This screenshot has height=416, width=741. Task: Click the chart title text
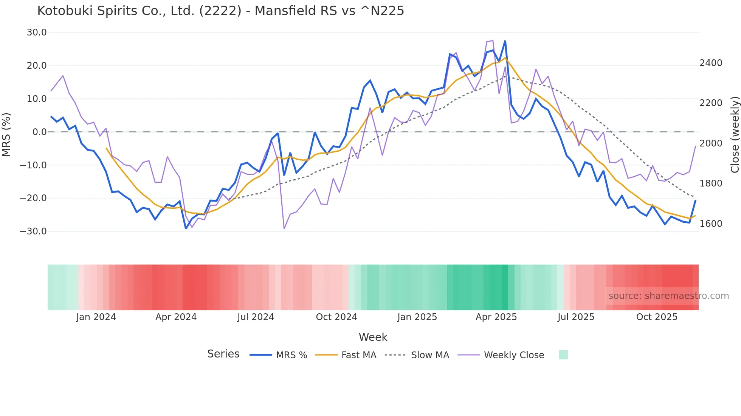pos(220,11)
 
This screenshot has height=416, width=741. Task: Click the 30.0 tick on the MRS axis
pos(37,32)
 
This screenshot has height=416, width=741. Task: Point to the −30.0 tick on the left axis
pos(33,231)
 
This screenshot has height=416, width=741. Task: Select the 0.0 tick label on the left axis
pos(39,132)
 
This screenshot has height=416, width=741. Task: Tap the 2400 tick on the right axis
pos(711,63)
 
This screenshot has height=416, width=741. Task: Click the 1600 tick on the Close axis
pos(711,224)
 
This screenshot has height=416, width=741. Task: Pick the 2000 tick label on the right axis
pos(711,143)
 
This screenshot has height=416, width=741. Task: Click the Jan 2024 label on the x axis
pos(96,317)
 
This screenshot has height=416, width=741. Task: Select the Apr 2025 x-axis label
pos(496,317)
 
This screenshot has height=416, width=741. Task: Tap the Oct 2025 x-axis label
pos(657,317)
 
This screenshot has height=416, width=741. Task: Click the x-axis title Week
pos(373,337)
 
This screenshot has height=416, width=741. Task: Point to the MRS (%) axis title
pos(6,134)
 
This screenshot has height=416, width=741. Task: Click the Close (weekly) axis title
pos(735,134)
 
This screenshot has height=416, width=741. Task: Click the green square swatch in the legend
pos(563,355)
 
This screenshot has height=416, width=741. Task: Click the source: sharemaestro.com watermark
pos(668,296)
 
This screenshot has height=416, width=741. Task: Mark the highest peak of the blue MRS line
pos(505,41)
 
